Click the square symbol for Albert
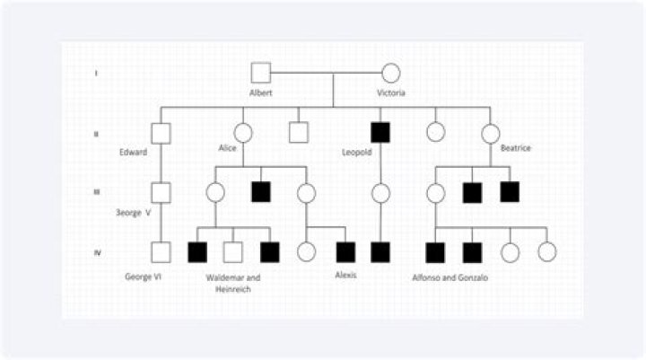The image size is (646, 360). point(260,73)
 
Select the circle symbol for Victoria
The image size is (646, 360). point(391,73)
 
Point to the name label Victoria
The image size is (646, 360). point(391,93)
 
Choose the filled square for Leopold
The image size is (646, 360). point(380,132)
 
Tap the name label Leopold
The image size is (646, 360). point(357,151)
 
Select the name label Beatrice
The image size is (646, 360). point(514,151)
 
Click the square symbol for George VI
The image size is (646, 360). point(161,252)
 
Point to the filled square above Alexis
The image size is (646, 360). point(345,252)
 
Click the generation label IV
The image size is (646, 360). point(97,252)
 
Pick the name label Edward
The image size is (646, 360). point(134,151)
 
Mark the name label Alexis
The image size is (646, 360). point(345,275)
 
